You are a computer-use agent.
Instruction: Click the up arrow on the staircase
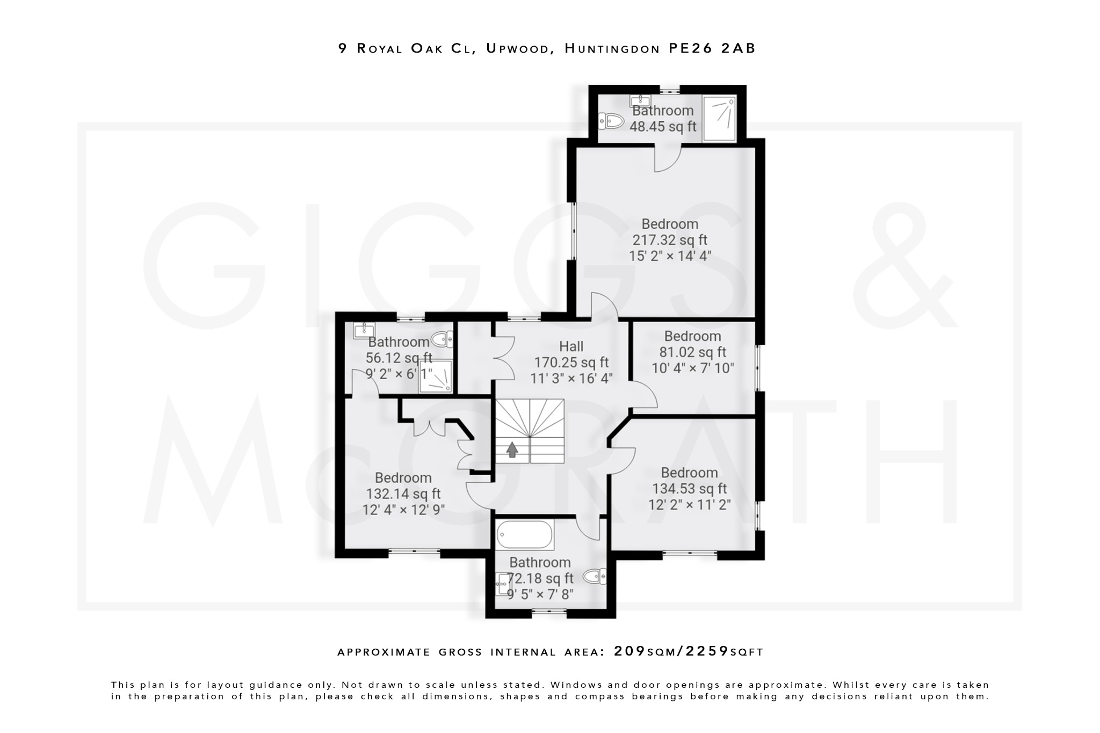(512, 449)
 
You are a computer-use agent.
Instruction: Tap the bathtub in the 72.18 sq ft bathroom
(525, 534)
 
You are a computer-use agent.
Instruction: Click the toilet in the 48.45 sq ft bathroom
(611, 121)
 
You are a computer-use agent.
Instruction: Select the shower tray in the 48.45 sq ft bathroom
(719, 119)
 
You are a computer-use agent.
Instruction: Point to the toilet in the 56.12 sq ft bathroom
(443, 339)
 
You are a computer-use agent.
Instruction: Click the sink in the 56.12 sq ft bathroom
(364, 330)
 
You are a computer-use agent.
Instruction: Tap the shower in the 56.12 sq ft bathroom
(436, 376)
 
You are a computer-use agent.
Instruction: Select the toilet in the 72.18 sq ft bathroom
(595, 577)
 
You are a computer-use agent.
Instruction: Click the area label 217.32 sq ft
(669, 240)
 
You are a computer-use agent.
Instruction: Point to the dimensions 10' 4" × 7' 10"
(692, 368)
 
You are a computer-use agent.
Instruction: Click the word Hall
(571, 346)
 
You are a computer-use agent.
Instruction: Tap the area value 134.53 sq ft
(689, 489)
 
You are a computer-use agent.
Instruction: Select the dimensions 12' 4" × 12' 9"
(403, 510)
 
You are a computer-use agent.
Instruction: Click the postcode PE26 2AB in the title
(712, 48)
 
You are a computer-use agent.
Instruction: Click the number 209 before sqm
(629, 651)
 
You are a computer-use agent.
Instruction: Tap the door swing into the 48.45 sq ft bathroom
(668, 159)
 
